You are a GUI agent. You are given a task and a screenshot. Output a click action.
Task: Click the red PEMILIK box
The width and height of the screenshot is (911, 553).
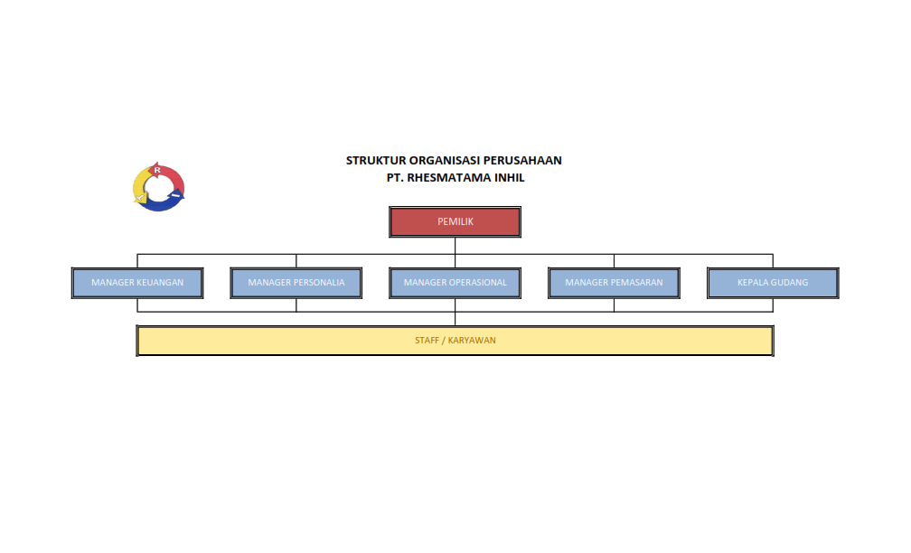455,222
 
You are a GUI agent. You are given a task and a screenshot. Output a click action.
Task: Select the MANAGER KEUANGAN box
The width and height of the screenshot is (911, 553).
137,283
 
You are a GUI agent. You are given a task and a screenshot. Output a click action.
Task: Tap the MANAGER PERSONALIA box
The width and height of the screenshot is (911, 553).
296,283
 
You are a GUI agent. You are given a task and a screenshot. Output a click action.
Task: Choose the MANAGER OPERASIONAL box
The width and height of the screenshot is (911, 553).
455,283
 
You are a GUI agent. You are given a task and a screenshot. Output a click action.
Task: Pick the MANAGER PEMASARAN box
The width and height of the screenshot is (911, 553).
614,283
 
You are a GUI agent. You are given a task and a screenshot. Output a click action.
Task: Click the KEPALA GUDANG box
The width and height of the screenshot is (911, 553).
773,283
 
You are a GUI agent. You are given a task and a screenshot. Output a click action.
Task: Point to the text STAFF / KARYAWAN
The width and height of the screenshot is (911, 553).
455,341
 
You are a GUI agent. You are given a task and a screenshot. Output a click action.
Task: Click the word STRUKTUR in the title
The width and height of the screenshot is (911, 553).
376,161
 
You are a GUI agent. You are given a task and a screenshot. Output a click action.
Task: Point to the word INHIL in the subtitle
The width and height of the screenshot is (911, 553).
509,178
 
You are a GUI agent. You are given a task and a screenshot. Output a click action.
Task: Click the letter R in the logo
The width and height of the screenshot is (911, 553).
157,170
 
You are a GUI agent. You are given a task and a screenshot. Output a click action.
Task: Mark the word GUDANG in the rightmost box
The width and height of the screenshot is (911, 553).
790,283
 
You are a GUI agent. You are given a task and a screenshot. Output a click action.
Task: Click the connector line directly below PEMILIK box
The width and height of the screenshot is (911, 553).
455,246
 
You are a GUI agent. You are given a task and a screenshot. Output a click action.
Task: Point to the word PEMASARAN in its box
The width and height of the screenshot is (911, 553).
636,283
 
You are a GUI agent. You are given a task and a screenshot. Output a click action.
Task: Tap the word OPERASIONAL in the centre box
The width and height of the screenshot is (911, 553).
478,283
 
